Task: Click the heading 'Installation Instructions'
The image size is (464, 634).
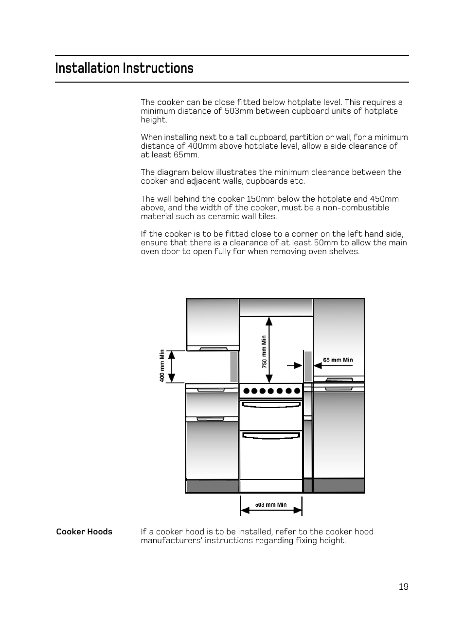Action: pos(124,68)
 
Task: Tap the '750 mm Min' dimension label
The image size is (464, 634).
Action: pos(264,351)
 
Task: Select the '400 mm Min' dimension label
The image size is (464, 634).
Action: pos(162,365)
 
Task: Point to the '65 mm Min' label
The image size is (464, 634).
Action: pos(338,360)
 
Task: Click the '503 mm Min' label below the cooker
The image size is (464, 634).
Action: pos(271,505)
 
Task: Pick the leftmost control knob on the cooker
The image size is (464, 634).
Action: pos(246,391)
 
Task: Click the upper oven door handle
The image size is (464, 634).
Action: pos(271,404)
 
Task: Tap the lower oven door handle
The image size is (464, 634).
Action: pos(271,436)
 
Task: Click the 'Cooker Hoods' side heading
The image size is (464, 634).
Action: pos(84,531)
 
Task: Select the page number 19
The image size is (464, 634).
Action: pos(403,587)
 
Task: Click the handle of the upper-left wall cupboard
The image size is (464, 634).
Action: pos(213,349)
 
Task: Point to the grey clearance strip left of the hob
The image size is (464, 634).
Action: pos(234,366)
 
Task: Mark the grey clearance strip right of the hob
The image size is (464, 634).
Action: pos(308,366)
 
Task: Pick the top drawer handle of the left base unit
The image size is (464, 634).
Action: pos(211,389)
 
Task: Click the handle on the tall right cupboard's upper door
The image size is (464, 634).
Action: pos(339,380)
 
